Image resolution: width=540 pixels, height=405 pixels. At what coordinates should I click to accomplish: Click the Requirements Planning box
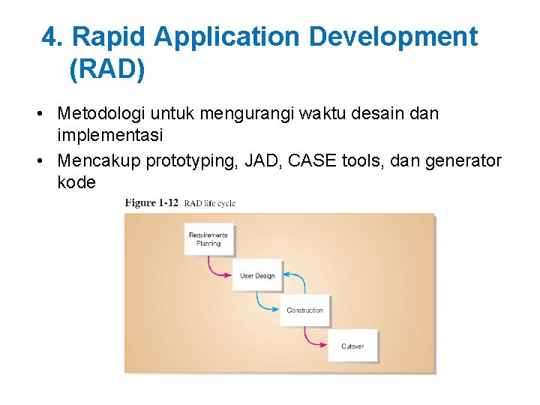tap(208, 239)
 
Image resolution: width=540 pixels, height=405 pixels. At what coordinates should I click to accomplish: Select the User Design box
tap(257, 276)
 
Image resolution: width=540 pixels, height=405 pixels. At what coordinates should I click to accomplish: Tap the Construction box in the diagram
tap(304, 310)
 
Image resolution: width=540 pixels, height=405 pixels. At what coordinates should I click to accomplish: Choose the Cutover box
tap(352, 346)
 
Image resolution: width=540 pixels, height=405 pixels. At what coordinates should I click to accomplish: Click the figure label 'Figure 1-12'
tap(151, 202)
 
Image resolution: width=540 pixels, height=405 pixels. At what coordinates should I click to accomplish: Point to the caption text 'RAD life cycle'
tap(210, 203)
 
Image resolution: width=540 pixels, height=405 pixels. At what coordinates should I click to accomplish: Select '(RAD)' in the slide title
tap(106, 70)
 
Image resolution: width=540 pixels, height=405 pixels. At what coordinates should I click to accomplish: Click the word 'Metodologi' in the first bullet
tap(101, 114)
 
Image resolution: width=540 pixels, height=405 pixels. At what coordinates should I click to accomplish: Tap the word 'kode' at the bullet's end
tap(76, 182)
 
